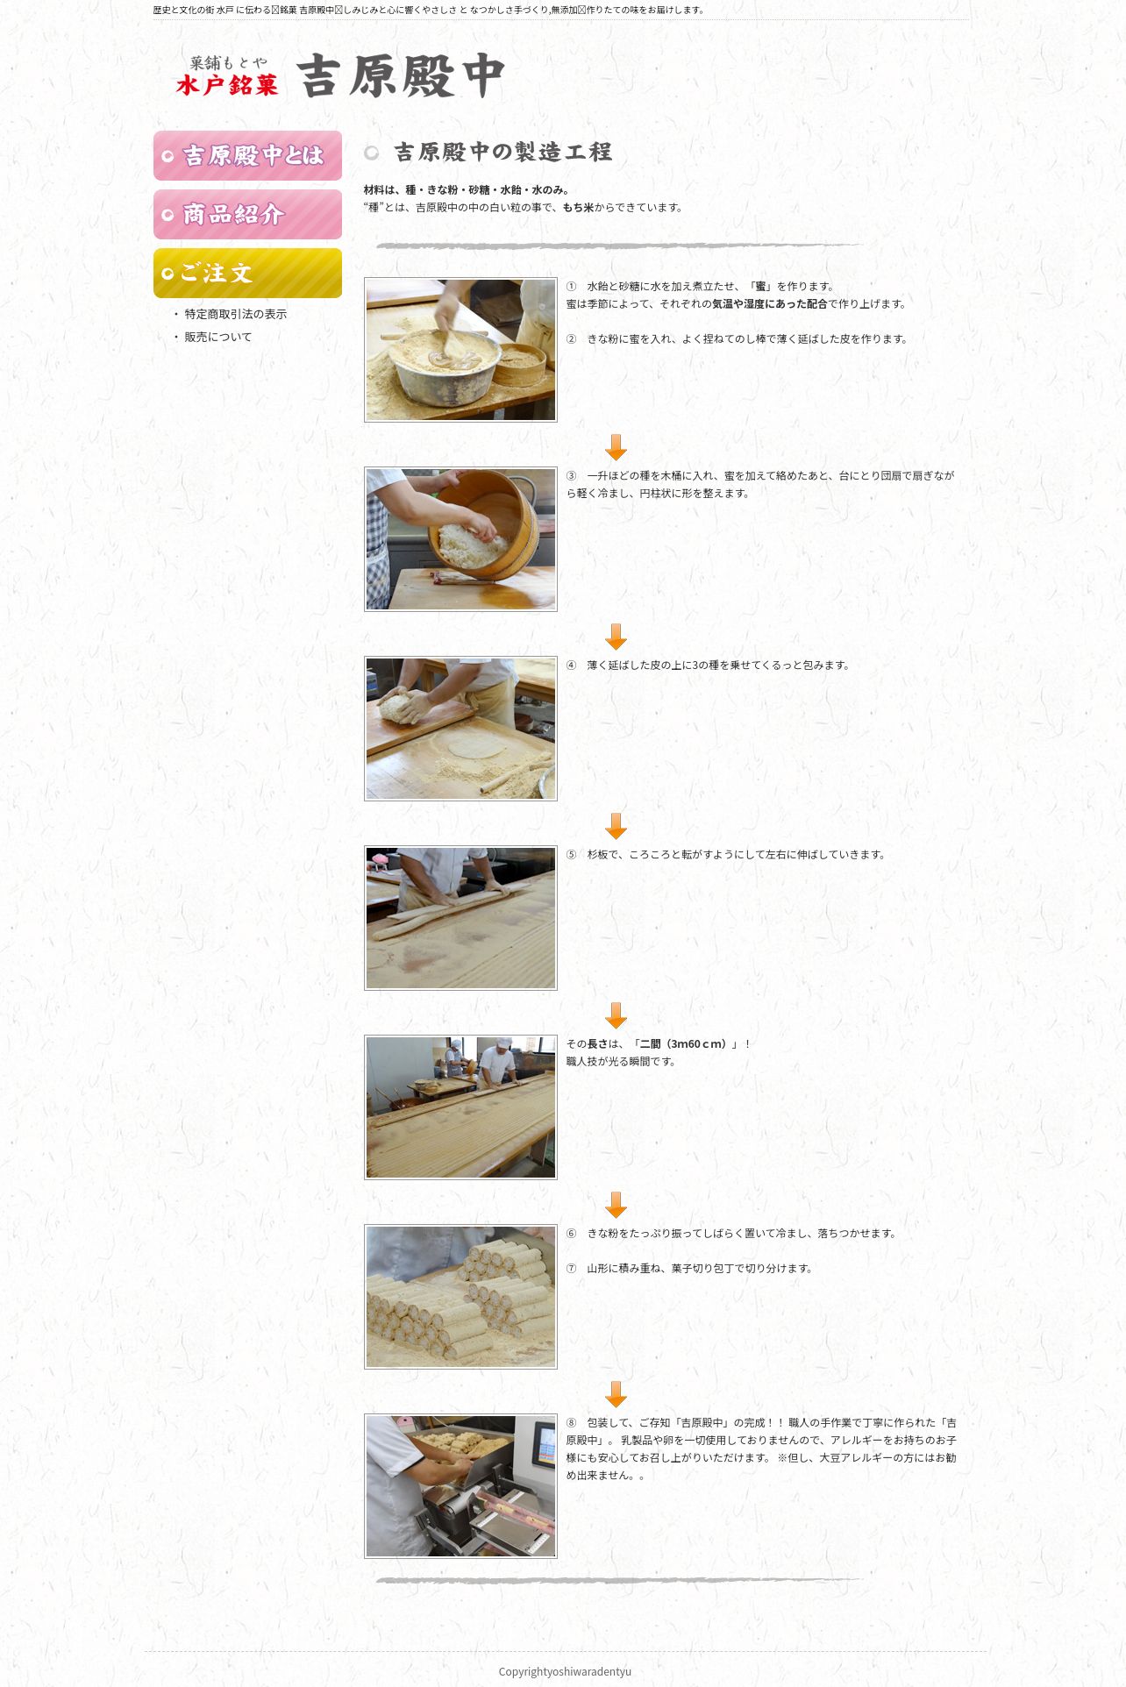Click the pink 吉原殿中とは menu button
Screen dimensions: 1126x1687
click(247, 156)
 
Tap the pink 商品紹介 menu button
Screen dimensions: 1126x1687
click(247, 215)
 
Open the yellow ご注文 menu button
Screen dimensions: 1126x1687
click(247, 274)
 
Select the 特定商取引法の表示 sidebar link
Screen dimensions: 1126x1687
click(235, 314)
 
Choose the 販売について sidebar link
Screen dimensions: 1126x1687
click(217, 337)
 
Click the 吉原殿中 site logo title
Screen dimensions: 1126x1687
click(401, 75)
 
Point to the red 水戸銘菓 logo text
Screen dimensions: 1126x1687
click(227, 85)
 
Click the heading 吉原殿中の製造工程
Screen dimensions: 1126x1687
click(502, 152)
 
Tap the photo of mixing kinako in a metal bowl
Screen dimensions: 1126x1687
click(460, 350)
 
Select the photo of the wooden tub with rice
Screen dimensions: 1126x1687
click(460, 539)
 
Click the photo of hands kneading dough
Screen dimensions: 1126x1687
click(460, 729)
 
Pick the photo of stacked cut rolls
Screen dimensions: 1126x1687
click(460, 1297)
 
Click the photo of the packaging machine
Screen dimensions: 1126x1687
click(460, 1486)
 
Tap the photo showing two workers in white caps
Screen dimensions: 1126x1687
click(460, 1107)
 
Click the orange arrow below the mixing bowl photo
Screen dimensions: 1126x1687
click(616, 447)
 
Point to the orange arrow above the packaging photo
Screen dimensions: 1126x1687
click(616, 1394)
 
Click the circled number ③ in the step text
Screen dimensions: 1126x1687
click(572, 476)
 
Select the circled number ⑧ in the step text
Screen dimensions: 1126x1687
click(572, 1423)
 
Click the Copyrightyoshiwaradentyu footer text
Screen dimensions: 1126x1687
click(565, 1671)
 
